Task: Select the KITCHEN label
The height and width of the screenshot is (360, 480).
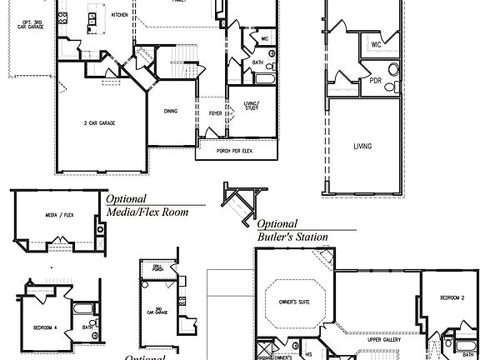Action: (x=119, y=15)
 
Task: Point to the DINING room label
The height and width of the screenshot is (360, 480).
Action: (x=170, y=111)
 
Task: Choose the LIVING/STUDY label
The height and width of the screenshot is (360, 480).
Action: (x=252, y=105)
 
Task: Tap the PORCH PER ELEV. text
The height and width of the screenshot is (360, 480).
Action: (x=236, y=150)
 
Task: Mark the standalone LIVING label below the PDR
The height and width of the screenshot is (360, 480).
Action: (x=362, y=146)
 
